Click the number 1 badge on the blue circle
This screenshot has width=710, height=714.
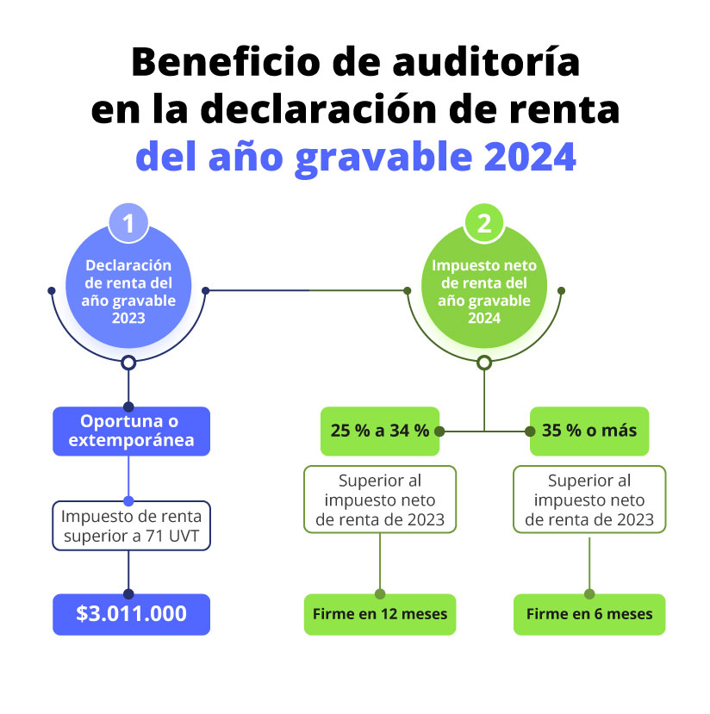(x=128, y=223)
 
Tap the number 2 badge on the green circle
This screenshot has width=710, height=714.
(x=484, y=223)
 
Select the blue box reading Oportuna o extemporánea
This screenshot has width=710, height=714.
(x=131, y=432)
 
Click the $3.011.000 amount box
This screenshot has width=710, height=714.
(x=131, y=614)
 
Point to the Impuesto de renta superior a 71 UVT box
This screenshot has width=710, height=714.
(x=131, y=526)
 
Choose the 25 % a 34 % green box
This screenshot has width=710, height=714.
(x=380, y=432)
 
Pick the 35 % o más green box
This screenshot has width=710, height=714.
(x=589, y=432)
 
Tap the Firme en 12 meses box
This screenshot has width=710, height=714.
(x=380, y=614)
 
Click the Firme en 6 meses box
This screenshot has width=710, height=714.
(x=589, y=614)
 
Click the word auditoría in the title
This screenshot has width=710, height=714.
(x=486, y=61)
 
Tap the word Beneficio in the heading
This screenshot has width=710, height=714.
(x=226, y=61)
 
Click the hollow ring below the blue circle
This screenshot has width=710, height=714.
(x=128, y=363)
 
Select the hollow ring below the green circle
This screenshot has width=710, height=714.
(x=484, y=363)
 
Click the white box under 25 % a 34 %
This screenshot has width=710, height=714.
(x=380, y=499)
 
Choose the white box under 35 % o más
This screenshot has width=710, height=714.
(x=589, y=499)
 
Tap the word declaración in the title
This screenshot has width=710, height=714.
(x=319, y=109)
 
